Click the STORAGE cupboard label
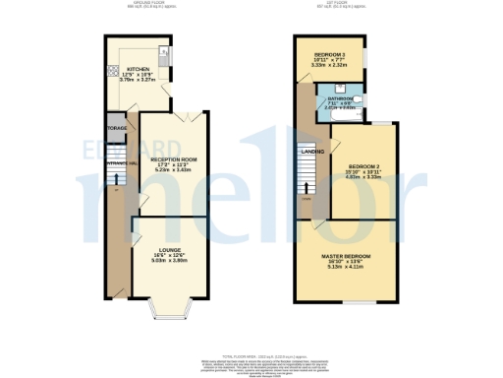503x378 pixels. tap(114, 127)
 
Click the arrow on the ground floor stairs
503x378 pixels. tap(118, 178)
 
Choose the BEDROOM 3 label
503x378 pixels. tap(329, 53)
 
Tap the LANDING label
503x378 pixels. tap(311, 151)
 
